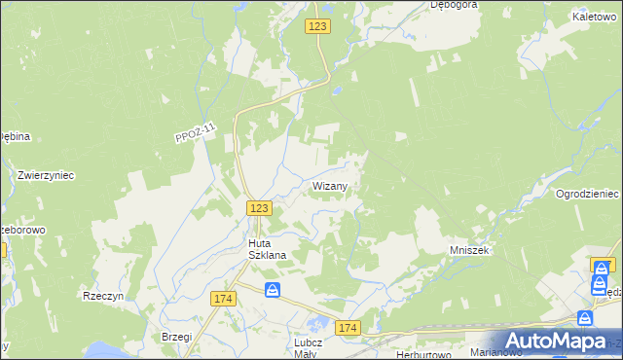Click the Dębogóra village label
[x=453, y=5]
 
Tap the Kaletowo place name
[x=596, y=18]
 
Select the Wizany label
[x=330, y=185]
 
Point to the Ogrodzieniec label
[x=587, y=194]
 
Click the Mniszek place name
[x=468, y=250]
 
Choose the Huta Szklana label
[x=258, y=250]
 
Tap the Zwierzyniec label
[x=46, y=175]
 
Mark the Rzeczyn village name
[x=103, y=296]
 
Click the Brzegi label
[x=175, y=336]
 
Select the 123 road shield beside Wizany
[x=258, y=207]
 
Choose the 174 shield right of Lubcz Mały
[x=348, y=329]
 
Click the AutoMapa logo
[x=553, y=341]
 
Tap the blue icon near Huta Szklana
[x=274, y=290]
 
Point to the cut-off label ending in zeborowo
[x=23, y=231]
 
